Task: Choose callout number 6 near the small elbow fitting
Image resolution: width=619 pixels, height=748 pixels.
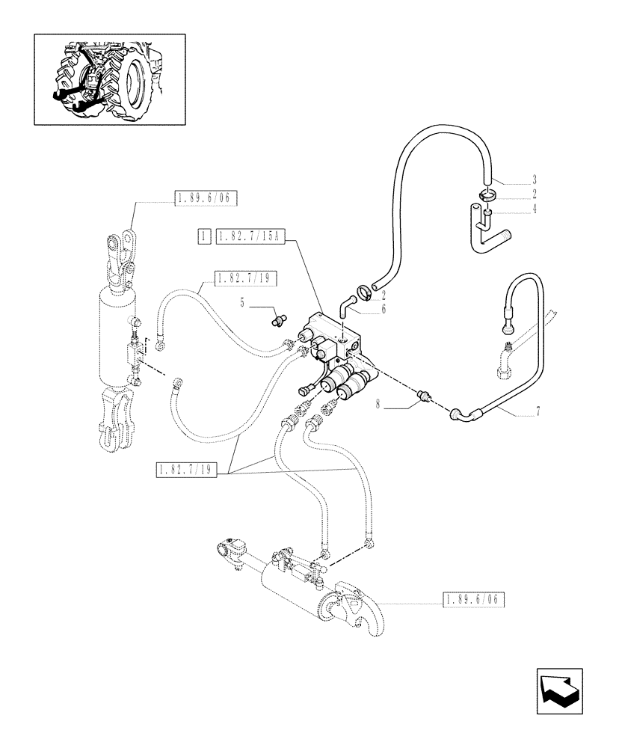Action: (x=384, y=309)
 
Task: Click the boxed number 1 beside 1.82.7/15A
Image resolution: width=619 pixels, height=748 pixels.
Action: (x=203, y=237)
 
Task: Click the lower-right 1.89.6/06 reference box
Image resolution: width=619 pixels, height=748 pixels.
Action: (x=474, y=599)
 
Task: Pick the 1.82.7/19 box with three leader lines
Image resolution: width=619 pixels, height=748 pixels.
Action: (x=186, y=470)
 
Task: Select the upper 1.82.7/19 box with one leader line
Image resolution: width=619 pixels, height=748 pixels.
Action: (x=245, y=279)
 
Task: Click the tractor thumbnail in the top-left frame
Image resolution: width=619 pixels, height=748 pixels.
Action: (x=110, y=79)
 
